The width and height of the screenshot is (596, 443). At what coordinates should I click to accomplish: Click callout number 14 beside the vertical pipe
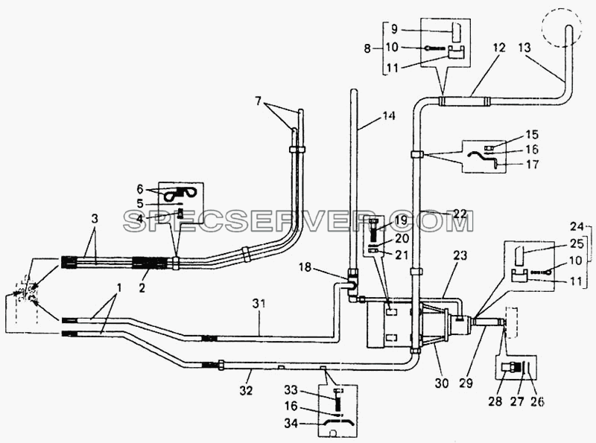387,115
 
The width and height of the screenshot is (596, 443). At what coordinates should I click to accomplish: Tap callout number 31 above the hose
259,304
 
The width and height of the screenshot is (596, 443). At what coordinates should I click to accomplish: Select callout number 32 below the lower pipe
246,390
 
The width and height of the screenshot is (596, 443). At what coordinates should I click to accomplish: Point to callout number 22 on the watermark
460,214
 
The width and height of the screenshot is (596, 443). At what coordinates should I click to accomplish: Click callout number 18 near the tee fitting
305,267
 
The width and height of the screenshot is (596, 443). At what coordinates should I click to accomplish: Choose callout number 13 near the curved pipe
524,48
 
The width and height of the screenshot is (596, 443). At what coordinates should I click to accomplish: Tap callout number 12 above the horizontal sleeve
499,48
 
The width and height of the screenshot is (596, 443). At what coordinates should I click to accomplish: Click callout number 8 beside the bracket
367,48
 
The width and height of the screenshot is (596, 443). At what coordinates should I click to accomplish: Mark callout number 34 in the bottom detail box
291,423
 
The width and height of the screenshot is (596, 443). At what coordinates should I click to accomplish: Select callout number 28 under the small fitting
495,401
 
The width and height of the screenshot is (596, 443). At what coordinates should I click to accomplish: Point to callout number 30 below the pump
442,383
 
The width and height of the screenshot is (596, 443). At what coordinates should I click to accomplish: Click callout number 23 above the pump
460,255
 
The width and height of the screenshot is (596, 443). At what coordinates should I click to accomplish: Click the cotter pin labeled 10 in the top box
435,48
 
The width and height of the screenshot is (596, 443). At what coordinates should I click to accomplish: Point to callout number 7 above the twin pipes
259,101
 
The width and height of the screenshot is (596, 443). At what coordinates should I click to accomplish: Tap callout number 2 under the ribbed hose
142,287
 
